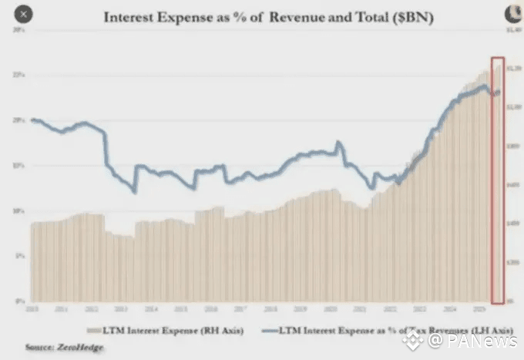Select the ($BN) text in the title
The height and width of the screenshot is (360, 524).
click(x=405, y=15)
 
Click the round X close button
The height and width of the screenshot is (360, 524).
click(x=24, y=14)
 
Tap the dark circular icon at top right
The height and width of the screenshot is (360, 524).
click(x=509, y=13)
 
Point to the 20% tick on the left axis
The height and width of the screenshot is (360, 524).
click(x=18, y=119)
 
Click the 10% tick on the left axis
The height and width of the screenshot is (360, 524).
click(x=18, y=210)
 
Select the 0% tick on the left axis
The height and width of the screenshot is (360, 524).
click(x=19, y=300)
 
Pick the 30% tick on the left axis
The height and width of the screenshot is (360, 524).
click(x=18, y=29)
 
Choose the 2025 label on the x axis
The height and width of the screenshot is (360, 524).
click(x=480, y=308)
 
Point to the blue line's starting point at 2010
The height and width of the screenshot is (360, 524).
click(x=32, y=119)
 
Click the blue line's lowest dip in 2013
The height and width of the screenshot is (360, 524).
click(x=134, y=192)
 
